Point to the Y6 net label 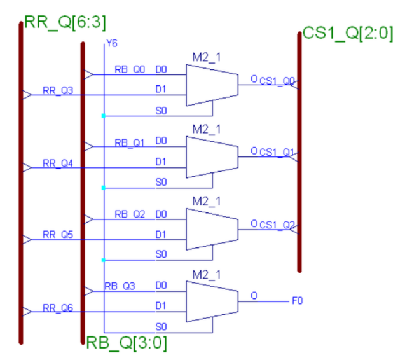112,43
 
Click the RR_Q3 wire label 58,90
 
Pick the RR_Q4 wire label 58,163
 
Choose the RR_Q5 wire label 58,235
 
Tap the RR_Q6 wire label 58,308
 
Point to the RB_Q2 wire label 130,214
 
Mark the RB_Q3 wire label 120,286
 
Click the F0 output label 297,298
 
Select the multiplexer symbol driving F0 212,302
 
